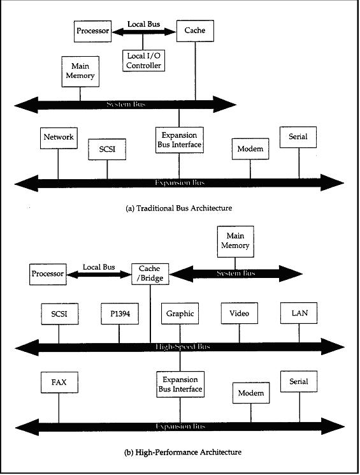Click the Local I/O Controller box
pyautogui.click(x=143, y=61)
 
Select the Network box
pyautogui.click(x=59, y=138)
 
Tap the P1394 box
pyautogui.click(x=120, y=314)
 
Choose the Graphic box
pyautogui.click(x=180, y=314)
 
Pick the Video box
pyautogui.click(x=239, y=313)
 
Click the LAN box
pyautogui.click(x=299, y=313)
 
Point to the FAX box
pyautogui.click(x=59, y=383)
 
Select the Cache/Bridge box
pyautogui.click(x=150, y=274)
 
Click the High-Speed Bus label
pyautogui.click(x=183, y=347)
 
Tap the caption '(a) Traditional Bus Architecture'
pyautogui.click(x=179, y=208)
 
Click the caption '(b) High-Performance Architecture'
pyautogui.click(x=183, y=452)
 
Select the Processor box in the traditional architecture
pyautogui.click(x=92, y=31)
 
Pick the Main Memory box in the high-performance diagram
pyautogui.click(x=236, y=242)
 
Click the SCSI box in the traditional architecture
pyautogui.click(x=107, y=149)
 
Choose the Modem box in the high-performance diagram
pyautogui.click(x=251, y=393)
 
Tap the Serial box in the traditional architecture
pyautogui.click(x=298, y=137)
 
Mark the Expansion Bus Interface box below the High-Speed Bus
pyautogui.click(x=180, y=384)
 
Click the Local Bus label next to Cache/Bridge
pyautogui.click(x=99, y=267)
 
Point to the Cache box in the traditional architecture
pyautogui.click(x=195, y=31)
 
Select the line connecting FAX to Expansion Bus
pyautogui.click(x=59, y=407)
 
